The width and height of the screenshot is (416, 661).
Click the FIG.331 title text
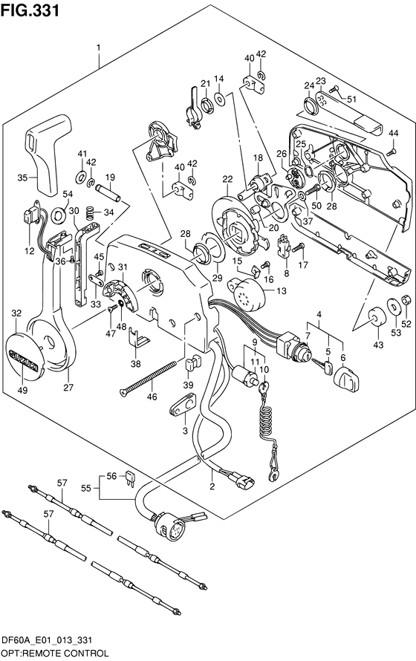30,10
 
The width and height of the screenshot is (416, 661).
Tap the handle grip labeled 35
47,151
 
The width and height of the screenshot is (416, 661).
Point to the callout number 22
227,179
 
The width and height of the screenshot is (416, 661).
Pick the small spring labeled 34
89,212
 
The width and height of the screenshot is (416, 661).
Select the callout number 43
378,345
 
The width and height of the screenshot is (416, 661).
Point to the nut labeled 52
406,300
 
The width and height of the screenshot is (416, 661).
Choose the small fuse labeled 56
131,479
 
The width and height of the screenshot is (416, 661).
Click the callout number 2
212,486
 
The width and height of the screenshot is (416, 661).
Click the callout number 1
99,48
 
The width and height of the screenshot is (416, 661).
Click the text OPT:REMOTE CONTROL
55,654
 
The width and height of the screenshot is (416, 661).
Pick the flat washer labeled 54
58,216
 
